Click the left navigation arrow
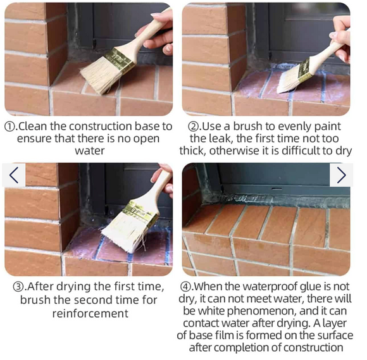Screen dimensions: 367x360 click(x=14, y=175)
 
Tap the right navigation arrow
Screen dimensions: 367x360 click(x=342, y=175)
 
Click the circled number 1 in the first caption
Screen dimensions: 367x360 click(x=10, y=127)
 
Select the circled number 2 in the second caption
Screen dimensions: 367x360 click(x=193, y=127)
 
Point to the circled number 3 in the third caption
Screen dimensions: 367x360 click(x=18, y=287)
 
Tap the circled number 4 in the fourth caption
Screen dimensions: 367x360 click(x=185, y=287)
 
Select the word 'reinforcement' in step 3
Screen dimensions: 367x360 click(x=90, y=313)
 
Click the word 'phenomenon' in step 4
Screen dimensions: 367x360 click(x=261, y=311)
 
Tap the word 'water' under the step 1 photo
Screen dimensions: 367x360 click(x=90, y=151)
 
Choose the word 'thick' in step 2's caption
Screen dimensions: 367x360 click(x=192, y=151)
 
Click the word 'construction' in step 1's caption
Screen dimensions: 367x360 click(x=101, y=127)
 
